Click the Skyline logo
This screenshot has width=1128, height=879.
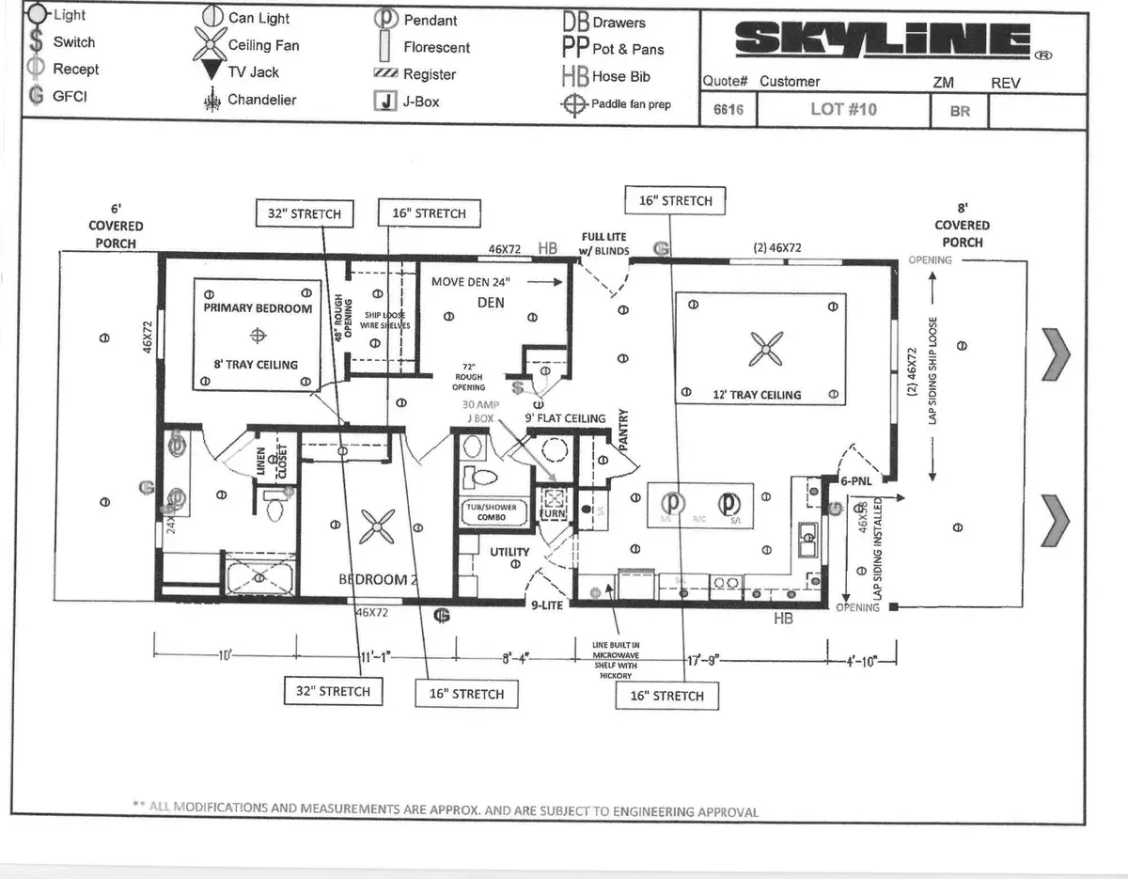tap(881, 39)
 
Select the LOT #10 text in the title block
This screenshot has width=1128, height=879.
tap(843, 109)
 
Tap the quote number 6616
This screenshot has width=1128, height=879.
tap(728, 110)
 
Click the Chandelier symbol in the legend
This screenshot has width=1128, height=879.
tap(211, 101)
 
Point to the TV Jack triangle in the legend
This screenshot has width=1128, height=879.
tap(211, 72)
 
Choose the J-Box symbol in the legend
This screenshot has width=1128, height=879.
tap(384, 102)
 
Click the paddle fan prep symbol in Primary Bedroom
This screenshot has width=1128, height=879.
tap(258, 335)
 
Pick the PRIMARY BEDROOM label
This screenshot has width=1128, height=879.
tap(258, 307)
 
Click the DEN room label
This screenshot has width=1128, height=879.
tap(491, 302)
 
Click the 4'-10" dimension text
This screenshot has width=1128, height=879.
tap(861, 660)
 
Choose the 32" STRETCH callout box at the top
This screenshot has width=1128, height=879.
tap(304, 213)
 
